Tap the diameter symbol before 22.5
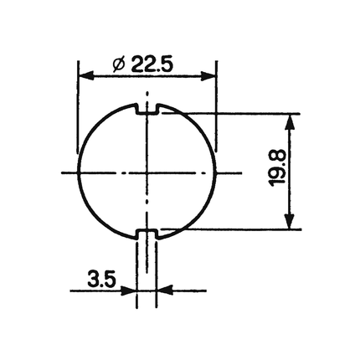[118, 64]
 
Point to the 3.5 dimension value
[101, 278]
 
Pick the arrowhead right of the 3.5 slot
[163, 291]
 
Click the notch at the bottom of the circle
[147, 233]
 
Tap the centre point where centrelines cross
[147, 172]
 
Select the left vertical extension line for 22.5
[77, 109]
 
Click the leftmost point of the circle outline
[78, 172]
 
